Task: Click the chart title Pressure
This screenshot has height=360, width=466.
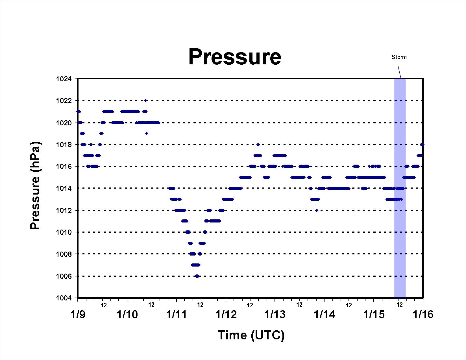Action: coord(235,57)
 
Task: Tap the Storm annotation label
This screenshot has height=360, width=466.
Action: coord(399,57)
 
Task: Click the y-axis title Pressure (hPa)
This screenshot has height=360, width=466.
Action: coord(35,186)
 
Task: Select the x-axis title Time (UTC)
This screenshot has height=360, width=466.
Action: coord(251,335)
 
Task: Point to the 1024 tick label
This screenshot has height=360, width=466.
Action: coord(64,79)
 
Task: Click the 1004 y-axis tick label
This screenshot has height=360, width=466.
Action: coord(64,298)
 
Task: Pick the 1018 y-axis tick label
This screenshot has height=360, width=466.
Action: coord(64,145)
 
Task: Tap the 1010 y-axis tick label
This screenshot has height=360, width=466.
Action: coord(64,232)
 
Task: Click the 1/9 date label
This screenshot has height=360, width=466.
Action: coord(78,315)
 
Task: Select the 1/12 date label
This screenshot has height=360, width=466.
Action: coord(226,315)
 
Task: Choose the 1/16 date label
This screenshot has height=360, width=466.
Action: coord(423,315)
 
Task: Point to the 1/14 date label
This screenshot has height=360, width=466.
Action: coord(324,315)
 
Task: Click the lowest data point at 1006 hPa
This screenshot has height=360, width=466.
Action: coord(197,276)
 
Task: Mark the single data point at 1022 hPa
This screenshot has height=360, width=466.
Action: coord(146,100)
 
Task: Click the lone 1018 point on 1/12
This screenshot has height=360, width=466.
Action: coord(258,145)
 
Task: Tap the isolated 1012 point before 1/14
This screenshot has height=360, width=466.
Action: coord(317,210)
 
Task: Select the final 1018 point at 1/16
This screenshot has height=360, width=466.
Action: coord(422,145)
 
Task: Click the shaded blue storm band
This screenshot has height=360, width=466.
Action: coord(400,188)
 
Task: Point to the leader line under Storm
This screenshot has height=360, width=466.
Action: coord(399,71)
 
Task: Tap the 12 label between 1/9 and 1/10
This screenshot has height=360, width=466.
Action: coord(104,305)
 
